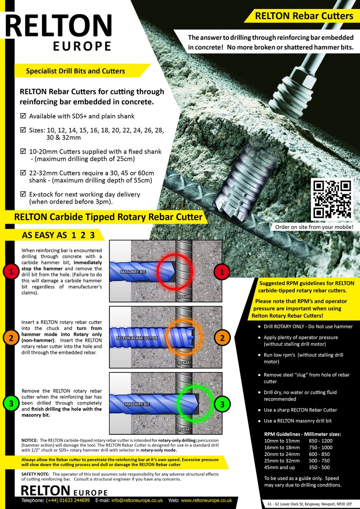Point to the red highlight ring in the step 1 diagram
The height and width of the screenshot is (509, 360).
[174, 271]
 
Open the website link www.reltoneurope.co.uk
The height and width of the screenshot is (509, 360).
[206, 501]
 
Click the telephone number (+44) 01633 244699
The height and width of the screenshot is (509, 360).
[67, 501]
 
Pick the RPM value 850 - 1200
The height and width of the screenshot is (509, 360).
[321, 441]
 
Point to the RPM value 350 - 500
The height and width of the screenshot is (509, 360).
[319, 467]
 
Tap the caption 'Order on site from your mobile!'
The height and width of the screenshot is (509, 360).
[314, 227]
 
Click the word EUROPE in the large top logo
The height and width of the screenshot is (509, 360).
[82, 46]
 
